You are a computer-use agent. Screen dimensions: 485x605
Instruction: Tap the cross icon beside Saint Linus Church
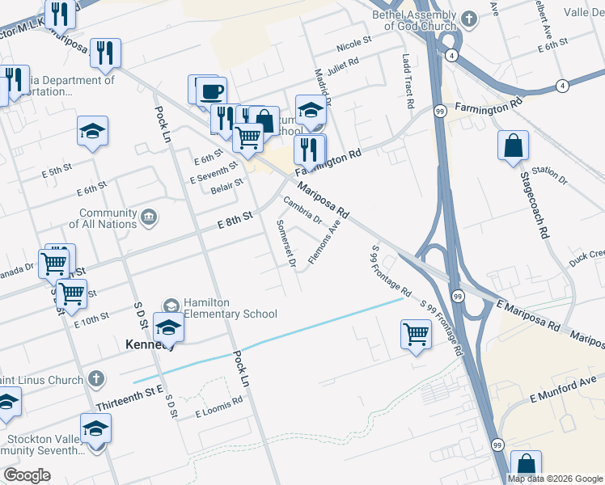[x=95, y=378]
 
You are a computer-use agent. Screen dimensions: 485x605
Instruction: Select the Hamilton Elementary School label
[x=230, y=308]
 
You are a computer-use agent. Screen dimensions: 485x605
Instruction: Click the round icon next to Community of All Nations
[x=149, y=217]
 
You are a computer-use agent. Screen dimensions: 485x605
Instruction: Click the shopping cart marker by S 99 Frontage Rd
[x=416, y=333]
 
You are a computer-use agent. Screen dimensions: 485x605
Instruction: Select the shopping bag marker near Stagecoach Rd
[x=514, y=146]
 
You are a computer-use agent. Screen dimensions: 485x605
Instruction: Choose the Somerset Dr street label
[x=286, y=242]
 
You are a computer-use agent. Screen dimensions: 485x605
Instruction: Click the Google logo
[x=27, y=475]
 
